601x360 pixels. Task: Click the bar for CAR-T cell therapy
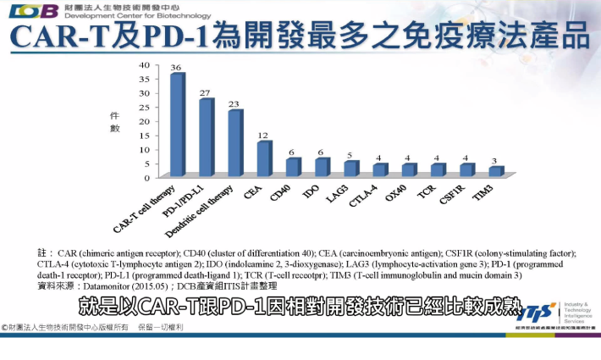[x=177, y=126]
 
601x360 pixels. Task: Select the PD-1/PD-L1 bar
[x=206, y=139]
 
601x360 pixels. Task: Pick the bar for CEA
[x=264, y=160]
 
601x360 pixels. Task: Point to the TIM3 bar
[x=495, y=172]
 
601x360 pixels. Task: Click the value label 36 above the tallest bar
[x=176, y=67]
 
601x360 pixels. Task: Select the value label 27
[x=206, y=92]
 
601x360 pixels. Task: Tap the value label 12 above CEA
[x=263, y=136]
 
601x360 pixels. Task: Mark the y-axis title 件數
[x=114, y=121]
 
